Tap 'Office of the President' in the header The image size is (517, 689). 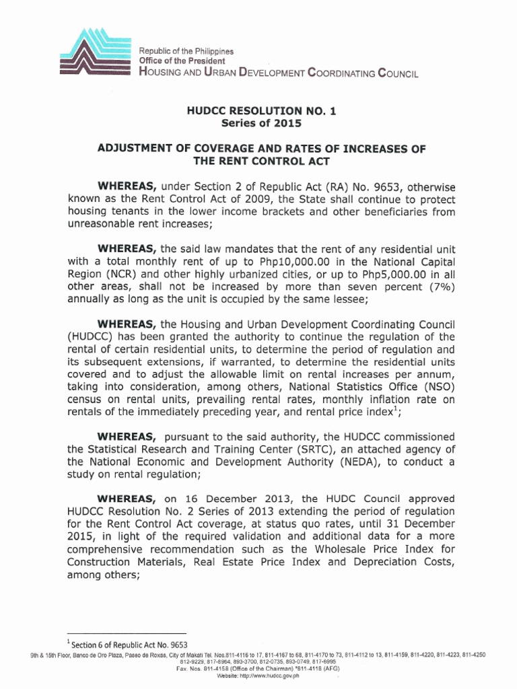[x=177, y=61]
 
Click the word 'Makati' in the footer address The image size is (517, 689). [x=201, y=655]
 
